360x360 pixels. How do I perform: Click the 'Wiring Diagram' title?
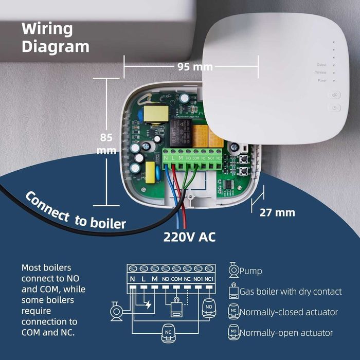55,37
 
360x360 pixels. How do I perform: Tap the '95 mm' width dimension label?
195,66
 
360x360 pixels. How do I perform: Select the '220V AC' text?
189,238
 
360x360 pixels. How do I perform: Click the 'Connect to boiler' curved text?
75,211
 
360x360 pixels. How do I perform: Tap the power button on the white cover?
335,108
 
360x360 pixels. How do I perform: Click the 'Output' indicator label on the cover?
321,65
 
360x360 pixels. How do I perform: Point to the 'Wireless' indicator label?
320,73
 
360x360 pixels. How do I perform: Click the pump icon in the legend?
233,270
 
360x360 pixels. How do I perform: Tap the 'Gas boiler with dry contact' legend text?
291,292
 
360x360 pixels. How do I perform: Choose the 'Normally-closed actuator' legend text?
289,312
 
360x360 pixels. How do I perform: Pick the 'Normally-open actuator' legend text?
286,333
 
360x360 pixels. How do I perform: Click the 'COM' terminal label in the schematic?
176,279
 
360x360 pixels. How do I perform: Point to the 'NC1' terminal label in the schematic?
209,279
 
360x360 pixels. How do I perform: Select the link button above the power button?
335,95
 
